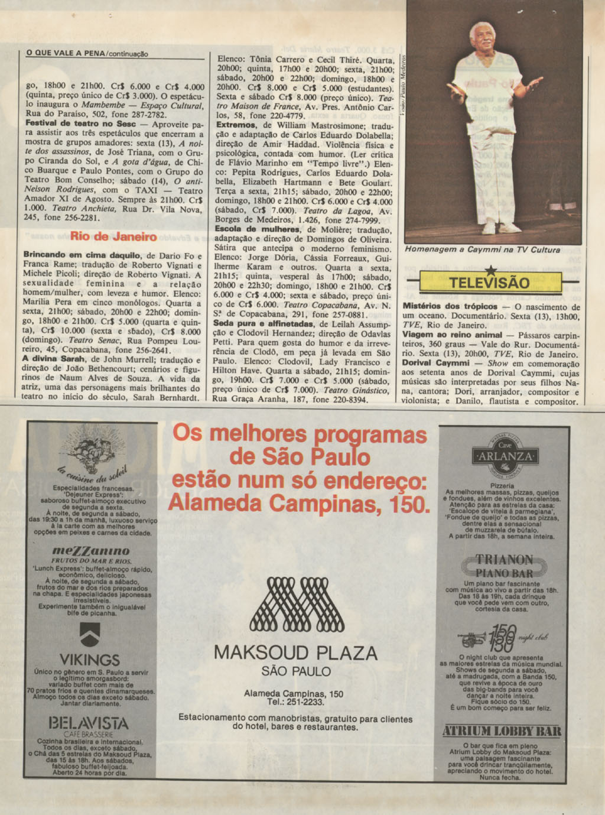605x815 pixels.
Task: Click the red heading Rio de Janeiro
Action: click(113, 237)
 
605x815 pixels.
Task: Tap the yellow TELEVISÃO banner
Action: click(489, 283)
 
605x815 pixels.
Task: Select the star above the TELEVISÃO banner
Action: click(489, 271)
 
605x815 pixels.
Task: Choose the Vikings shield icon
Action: click(89, 635)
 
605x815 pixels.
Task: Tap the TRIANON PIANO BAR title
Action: click(504, 566)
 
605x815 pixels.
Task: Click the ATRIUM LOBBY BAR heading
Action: click(502, 731)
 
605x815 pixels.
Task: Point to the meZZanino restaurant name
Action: click(90, 550)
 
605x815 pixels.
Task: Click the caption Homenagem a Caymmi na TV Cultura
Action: click(482, 250)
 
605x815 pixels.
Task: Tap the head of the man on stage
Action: click(483, 37)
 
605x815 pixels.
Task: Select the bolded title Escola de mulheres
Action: click(249, 229)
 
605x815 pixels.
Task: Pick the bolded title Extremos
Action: click(236, 125)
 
